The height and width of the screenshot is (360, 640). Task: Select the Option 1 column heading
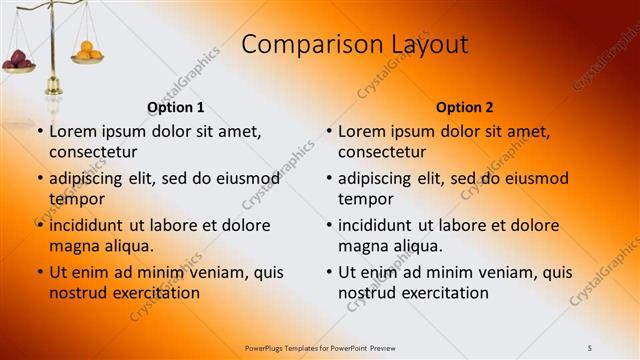(x=176, y=107)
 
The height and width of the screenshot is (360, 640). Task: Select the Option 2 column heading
(x=465, y=107)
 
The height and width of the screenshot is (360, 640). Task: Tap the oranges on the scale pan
(x=87, y=50)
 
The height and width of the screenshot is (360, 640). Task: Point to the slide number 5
(x=590, y=347)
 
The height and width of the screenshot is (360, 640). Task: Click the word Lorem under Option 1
(x=72, y=131)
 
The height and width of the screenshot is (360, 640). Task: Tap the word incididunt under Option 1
(x=89, y=225)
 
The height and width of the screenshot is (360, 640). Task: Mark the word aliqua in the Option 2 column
(x=416, y=246)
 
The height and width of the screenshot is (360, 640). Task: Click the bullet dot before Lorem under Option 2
(x=329, y=132)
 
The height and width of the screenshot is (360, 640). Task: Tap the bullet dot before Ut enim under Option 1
(x=40, y=272)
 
